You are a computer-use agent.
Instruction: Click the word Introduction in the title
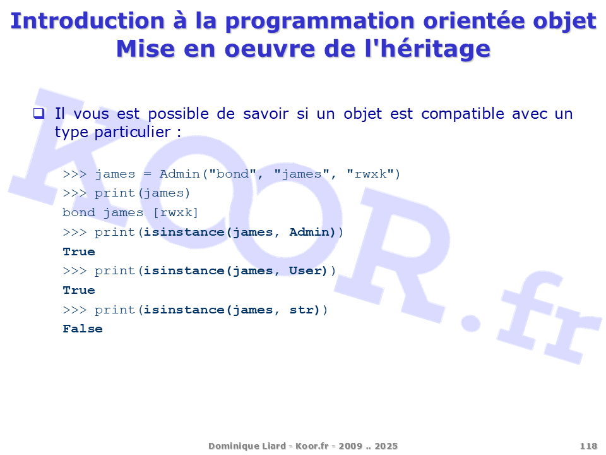point(88,21)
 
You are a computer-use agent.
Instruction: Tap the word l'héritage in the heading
point(427,49)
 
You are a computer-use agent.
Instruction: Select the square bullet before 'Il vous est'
point(39,113)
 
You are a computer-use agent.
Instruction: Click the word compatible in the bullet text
point(463,114)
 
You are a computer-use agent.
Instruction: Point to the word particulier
point(133,132)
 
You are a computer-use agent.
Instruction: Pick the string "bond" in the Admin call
point(233,174)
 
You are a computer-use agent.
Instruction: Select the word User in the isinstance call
point(306,270)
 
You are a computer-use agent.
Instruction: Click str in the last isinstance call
point(302,310)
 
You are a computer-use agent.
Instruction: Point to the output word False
point(83,329)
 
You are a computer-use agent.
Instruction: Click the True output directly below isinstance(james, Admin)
point(79,252)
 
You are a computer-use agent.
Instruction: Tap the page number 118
point(588,446)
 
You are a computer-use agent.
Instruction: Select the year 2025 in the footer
point(386,446)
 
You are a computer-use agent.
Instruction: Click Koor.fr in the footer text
point(312,446)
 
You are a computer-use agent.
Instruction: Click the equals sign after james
point(147,174)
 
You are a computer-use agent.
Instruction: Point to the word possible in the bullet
point(178,114)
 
